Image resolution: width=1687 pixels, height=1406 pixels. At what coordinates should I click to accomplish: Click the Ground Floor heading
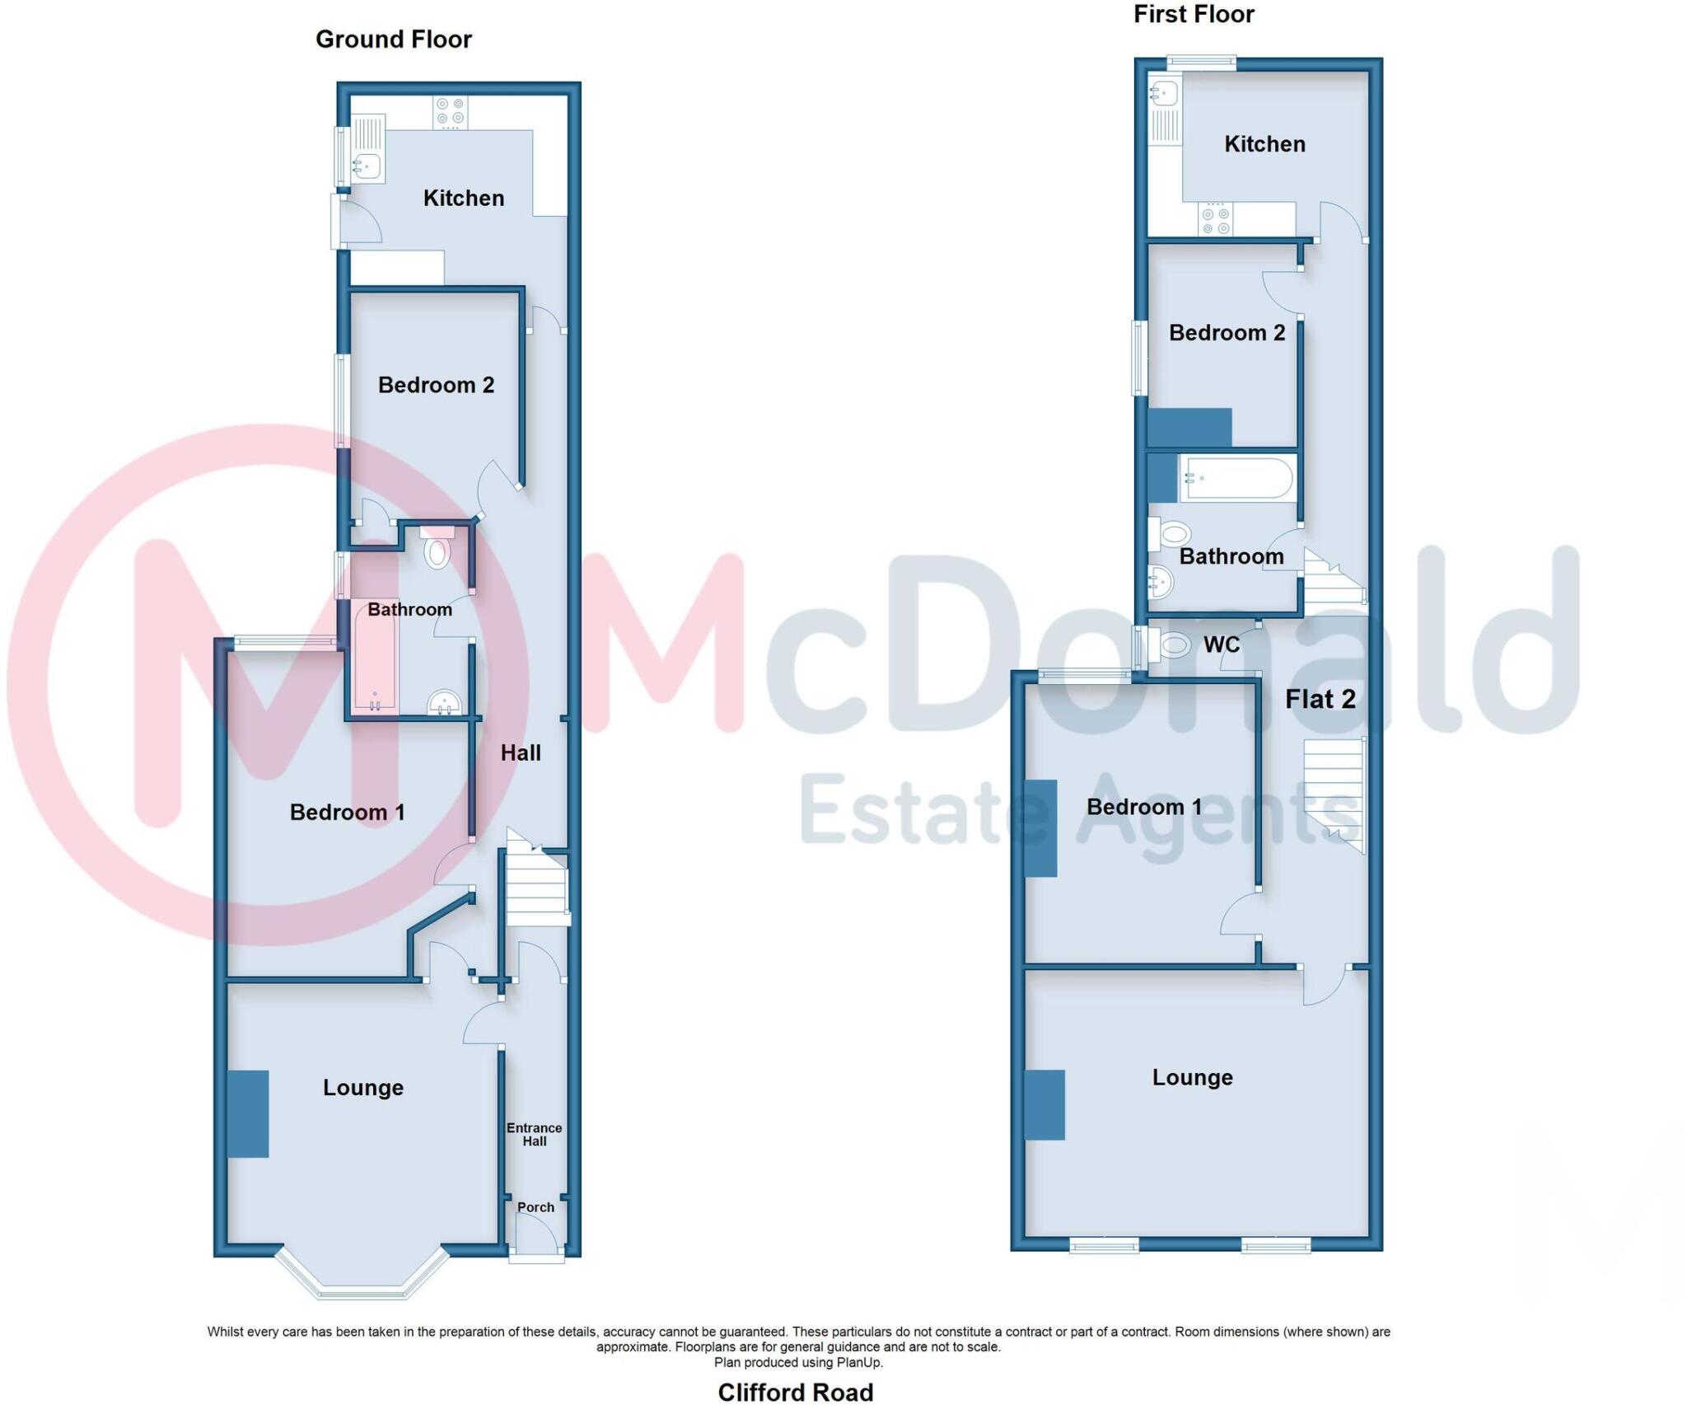[x=393, y=40]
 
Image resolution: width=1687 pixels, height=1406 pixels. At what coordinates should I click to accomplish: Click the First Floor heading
[x=1193, y=14]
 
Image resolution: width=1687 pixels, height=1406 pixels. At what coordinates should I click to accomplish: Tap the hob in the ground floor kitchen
[x=450, y=113]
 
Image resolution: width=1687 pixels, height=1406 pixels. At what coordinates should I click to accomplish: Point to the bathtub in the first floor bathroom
[x=1236, y=478]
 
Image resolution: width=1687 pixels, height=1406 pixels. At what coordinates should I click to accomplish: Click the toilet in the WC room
[x=1173, y=644]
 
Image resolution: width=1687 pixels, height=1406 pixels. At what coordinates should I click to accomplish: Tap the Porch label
[x=535, y=1207]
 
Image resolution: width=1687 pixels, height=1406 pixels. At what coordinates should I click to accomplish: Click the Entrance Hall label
[x=534, y=1134]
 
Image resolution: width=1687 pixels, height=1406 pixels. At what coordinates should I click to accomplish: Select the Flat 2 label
[x=1320, y=700]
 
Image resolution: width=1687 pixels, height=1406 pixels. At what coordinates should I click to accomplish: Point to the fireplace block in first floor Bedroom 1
[x=1040, y=827]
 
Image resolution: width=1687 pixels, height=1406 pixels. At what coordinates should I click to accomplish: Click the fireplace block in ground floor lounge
[x=248, y=1113]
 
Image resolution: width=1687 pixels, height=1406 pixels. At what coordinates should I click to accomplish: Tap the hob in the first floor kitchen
[x=1215, y=219]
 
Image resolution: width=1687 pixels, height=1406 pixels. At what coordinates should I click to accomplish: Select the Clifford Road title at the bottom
[x=795, y=1392]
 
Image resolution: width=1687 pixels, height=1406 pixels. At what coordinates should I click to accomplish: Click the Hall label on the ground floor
[x=521, y=752]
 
